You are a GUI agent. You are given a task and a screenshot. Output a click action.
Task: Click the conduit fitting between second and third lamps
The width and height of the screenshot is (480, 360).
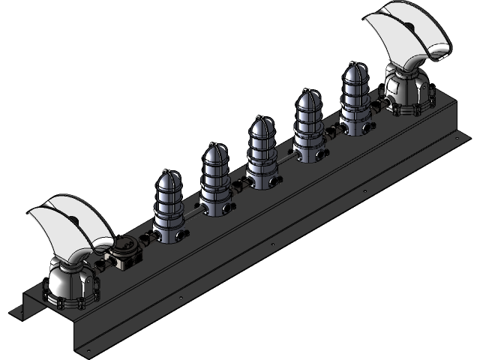238,183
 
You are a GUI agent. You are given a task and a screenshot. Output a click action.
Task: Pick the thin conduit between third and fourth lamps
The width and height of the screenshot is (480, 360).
286,157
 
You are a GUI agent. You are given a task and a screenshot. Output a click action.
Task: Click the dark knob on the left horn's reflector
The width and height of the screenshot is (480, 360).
75,220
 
